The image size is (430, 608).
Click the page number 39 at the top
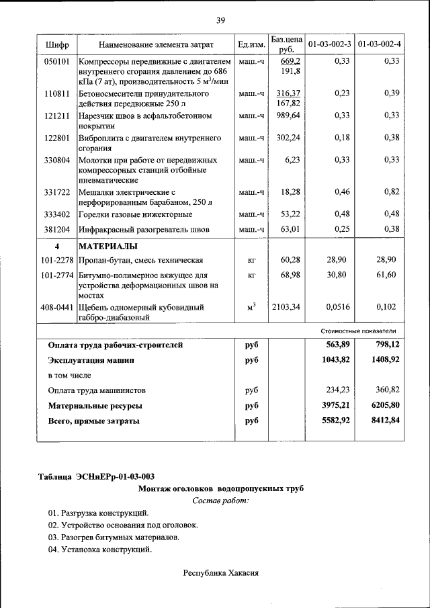pos(220,21)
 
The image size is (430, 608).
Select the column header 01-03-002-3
pos(329,44)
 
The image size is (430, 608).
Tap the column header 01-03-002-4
pos(380,44)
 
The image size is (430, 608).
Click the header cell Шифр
pos(57,44)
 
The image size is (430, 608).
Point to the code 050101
pos(57,61)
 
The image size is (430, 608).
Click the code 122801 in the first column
pos(57,138)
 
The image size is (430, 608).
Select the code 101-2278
pos(56,259)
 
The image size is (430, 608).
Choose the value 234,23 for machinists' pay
pos(339,390)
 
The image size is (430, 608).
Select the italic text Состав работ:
pos(220,501)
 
